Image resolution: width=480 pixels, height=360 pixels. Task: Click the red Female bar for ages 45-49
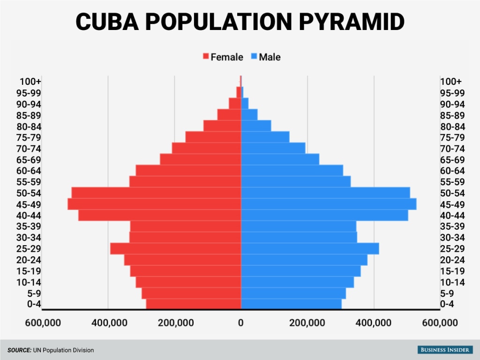154,204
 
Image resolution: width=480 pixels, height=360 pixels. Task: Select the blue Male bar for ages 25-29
310,248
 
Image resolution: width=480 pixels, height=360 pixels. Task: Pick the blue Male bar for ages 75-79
265,137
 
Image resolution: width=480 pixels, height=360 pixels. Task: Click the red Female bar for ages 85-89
229,114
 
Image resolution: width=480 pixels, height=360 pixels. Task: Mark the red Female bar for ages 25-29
176,248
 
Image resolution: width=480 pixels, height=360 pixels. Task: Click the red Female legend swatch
205,57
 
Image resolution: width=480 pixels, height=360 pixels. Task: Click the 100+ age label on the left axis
30,82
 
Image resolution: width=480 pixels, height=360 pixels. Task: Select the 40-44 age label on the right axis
452,215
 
